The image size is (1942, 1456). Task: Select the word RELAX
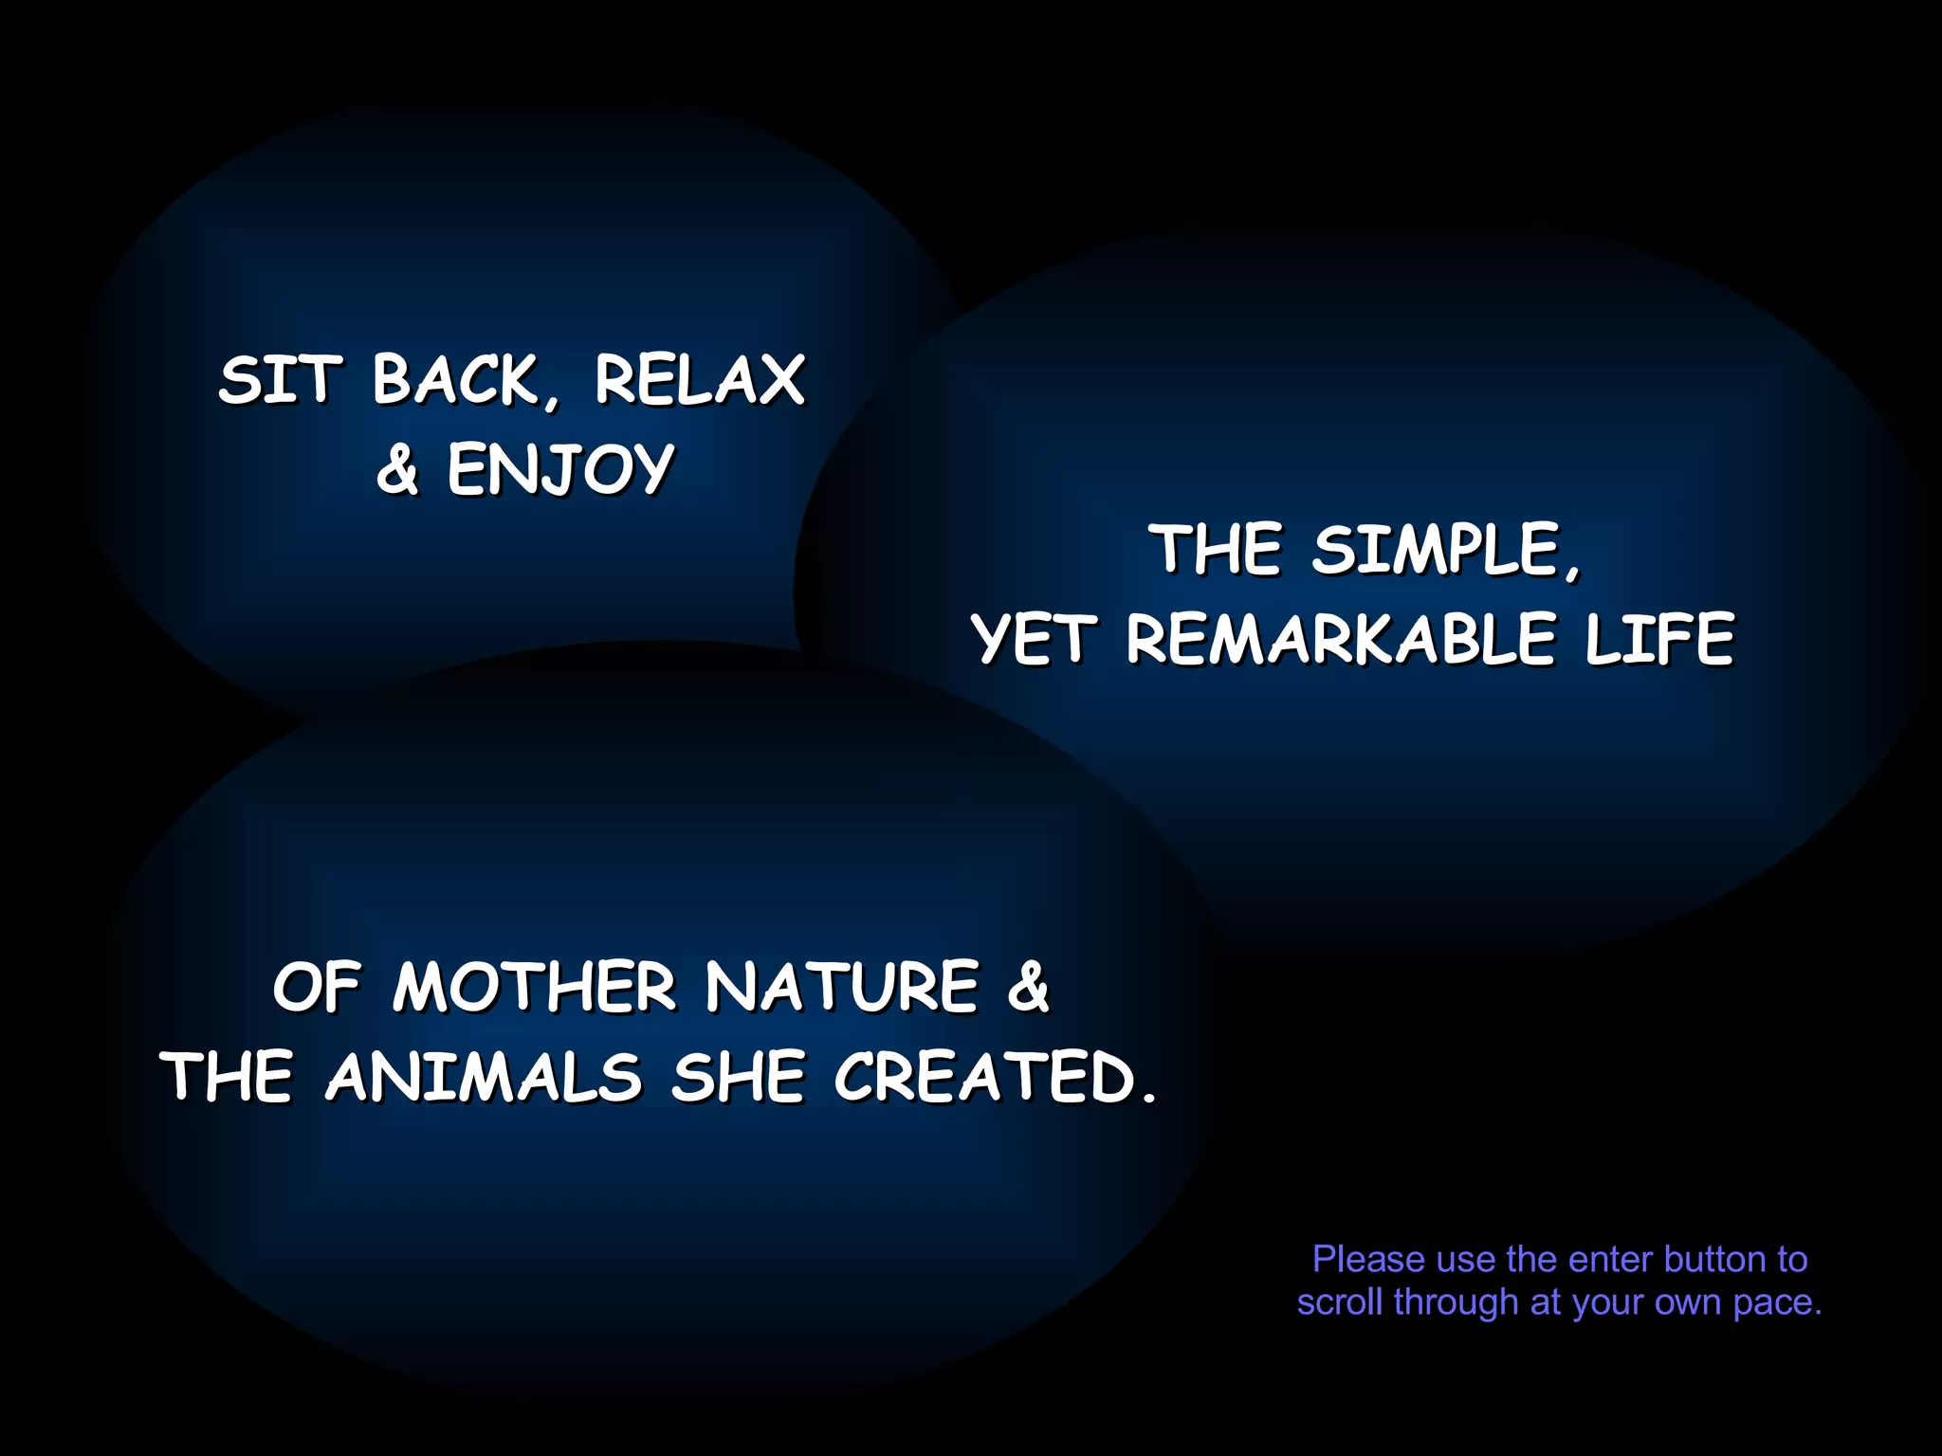(700, 381)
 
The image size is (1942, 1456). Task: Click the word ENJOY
(560, 470)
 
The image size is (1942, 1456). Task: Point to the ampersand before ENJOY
(396, 470)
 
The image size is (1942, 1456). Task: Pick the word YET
(1035, 639)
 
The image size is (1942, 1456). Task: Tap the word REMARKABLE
(1341, 639)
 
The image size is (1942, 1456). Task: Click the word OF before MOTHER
(317, 988)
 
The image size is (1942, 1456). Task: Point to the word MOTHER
(534, 988)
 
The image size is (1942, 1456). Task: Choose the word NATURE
(842, 988)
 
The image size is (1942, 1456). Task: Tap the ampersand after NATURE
(1028, 988)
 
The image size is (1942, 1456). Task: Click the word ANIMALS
(484, 1078)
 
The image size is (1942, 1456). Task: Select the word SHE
(738, 1078)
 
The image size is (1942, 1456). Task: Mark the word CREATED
(986, 1078)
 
